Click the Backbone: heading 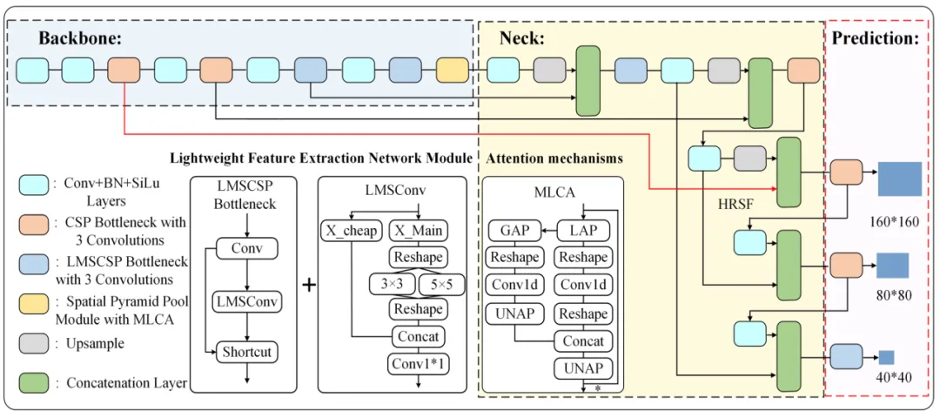pos(80,38)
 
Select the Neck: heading pos(521,38)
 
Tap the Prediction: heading pos(875,38)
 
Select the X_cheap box pos(352,231)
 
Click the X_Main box pos(418,231)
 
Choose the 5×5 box pos(441,284)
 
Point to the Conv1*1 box pos(419,363)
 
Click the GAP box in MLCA pos(514,231)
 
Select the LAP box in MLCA pos(582,231)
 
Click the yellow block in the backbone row pos(452,70)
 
